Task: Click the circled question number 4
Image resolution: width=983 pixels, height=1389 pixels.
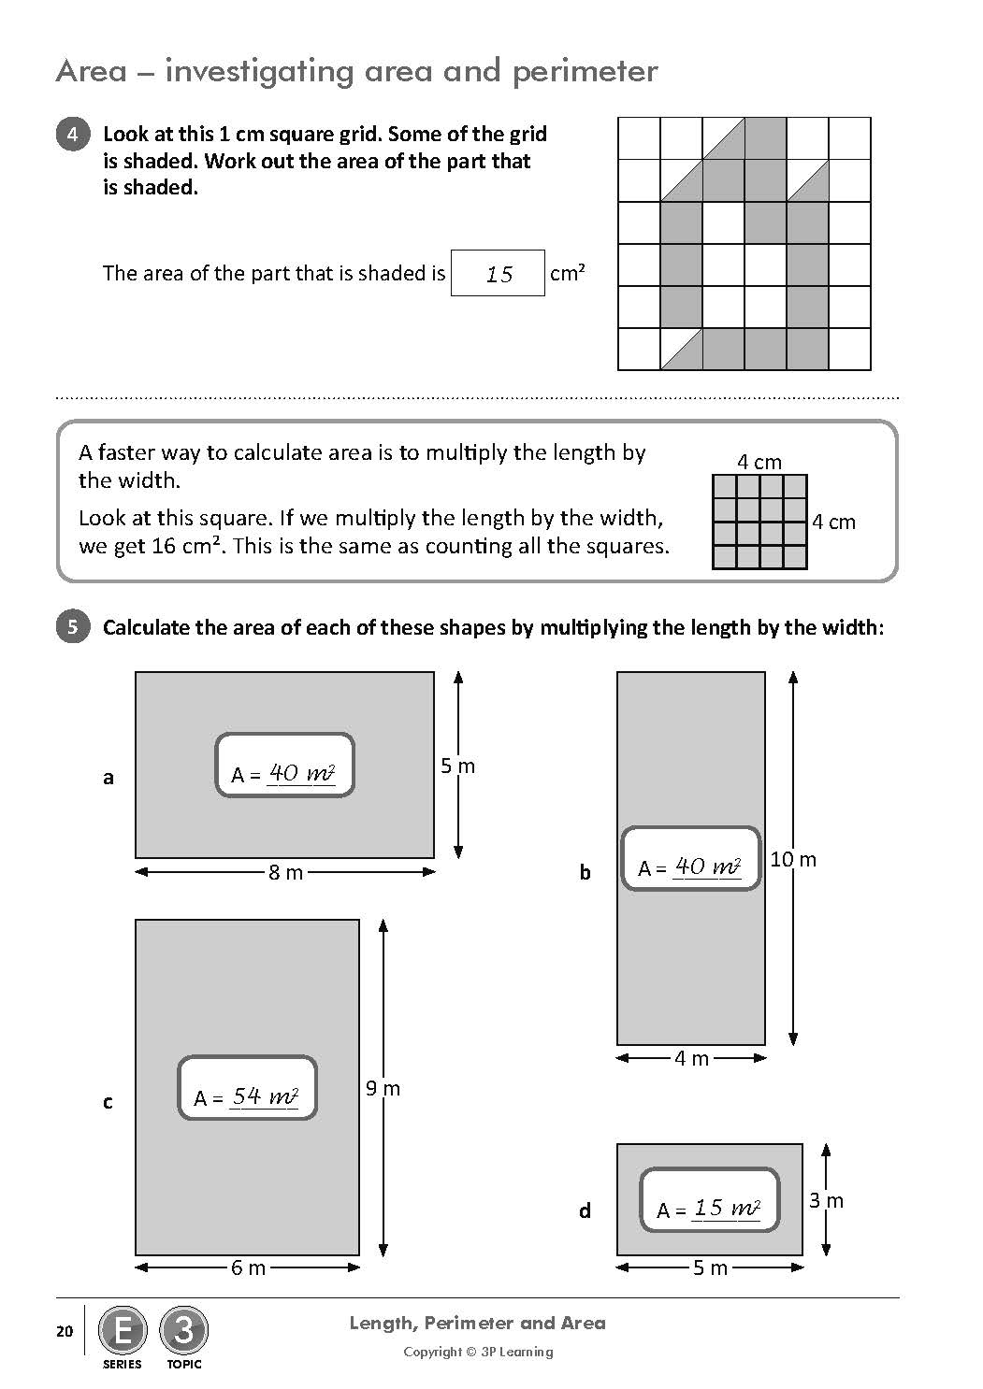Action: [x=73, y=135]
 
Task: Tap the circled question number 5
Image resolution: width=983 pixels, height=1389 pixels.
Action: [x=73, y=626]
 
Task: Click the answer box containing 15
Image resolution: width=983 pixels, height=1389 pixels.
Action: [x=498, y=273]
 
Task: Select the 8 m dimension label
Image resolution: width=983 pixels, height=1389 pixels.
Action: [x=285, y=873]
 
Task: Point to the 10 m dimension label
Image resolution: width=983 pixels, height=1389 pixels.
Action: [x=793, y=859]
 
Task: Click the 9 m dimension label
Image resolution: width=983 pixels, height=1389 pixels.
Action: [x=383, y=1088]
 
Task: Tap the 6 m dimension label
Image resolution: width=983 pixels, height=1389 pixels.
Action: [x=249, y=1268]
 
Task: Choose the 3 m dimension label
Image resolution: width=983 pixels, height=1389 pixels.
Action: [x=826, y=1200]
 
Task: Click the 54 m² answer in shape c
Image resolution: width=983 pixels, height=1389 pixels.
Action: [x=265, y=1096]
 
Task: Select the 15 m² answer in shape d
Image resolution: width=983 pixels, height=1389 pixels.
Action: [x=726, y=1209]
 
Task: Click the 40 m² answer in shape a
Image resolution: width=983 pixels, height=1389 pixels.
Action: [x=301, y=773]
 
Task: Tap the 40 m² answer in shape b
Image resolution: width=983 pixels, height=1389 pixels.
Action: [x=707, y=866]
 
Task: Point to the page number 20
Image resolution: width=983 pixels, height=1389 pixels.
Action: [x=65, y=1331]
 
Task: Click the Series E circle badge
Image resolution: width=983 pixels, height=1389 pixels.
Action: [x=122, y=1330]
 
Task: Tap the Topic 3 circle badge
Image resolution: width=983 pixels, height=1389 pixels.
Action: [x=184, y=1330]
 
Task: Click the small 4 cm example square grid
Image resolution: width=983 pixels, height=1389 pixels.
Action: [x=759, y=522]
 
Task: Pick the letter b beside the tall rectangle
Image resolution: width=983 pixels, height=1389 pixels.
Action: [x=585, y=873]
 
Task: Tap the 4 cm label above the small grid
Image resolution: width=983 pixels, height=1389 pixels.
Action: [x=759, y=462]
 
